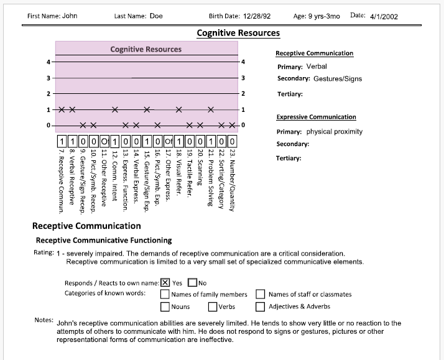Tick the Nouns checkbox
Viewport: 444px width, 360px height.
165,306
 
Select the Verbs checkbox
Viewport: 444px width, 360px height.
213,306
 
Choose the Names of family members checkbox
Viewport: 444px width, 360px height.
165,294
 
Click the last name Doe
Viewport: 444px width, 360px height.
156,16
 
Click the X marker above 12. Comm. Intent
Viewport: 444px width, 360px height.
115,109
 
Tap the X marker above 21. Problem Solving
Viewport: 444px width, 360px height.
211,109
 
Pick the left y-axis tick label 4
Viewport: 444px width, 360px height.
49,62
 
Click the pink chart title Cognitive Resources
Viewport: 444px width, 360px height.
146,49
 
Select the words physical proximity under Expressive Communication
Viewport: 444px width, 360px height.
335,132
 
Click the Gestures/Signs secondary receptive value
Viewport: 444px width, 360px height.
338,79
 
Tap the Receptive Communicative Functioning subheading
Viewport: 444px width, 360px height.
104,240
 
